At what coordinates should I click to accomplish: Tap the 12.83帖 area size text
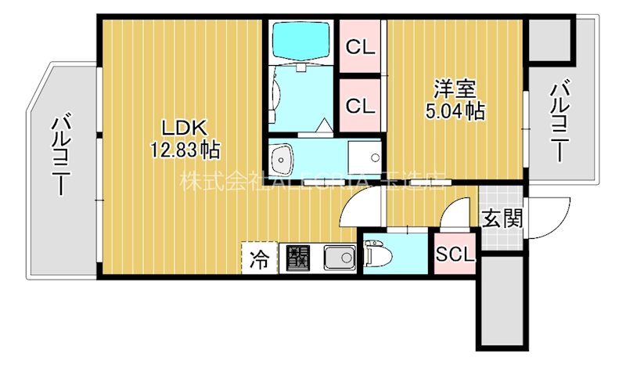[x=185, y=147]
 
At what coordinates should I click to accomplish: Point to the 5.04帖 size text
[x=455, y=112]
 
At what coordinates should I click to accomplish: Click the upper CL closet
[x=360, y=47]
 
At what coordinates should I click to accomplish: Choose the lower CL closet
[x=360, y=106]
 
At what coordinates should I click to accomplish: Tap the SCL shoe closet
[x=455, y=255]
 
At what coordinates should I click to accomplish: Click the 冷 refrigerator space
[x=257, y=256]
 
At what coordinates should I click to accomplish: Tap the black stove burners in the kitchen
[x=298, y=256]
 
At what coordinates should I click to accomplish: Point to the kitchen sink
[x=339, y=256]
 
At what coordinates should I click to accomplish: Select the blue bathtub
[x=300, y=40]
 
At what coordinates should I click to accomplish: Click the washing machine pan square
[x=363, y=159]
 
